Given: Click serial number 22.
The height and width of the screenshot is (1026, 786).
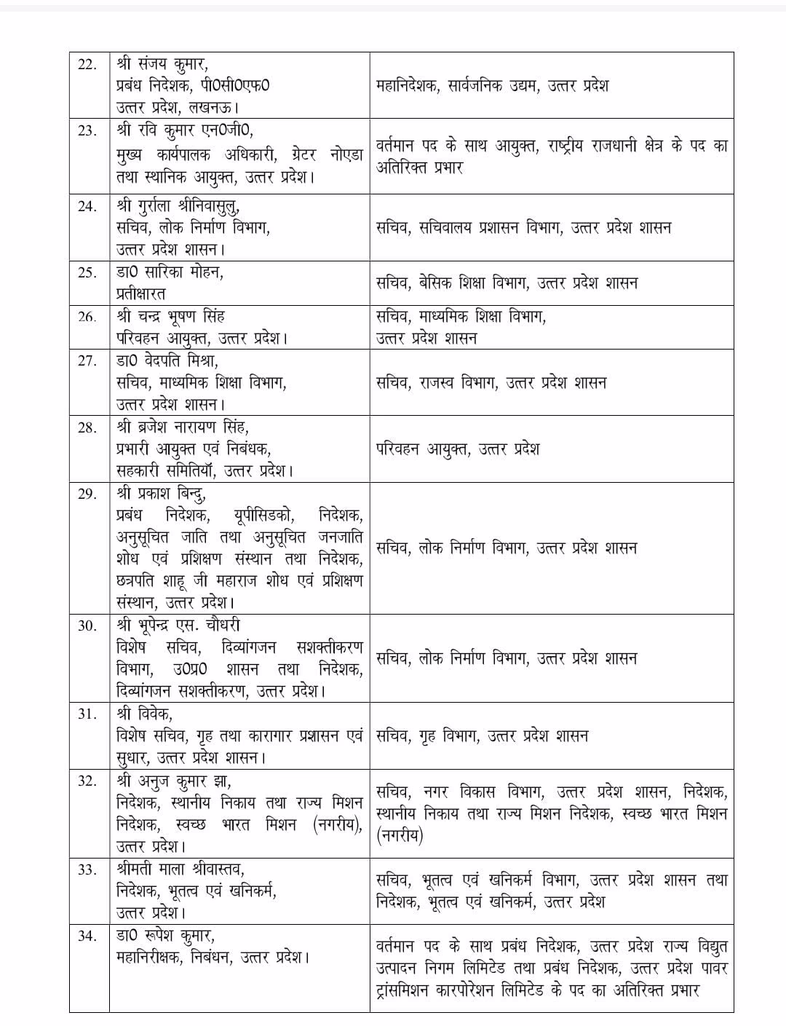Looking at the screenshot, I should (x=87, y=64).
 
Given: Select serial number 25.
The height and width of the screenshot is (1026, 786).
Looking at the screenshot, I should (x=87, y=272).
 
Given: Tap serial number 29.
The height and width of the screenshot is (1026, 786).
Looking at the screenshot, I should (x=87, y=494).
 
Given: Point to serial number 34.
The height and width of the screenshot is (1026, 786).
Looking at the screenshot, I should (x=87, y=936).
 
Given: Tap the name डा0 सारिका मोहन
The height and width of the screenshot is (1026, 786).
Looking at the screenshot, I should (x=170, y=272).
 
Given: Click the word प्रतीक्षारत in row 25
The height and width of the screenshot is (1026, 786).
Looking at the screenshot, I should (x=140, y=293).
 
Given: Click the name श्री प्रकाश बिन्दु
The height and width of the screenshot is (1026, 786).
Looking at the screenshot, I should (x=161, y=494).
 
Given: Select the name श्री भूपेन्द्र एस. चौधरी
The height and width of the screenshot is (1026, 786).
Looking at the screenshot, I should (x=178, y=626).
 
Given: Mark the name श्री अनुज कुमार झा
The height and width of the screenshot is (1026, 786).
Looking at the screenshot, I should (x=173, y=781).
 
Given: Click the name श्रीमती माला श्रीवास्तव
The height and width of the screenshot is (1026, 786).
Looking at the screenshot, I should (x=180, y=869).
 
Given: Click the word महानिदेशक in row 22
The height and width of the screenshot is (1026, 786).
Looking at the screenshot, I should (x=408, y=86).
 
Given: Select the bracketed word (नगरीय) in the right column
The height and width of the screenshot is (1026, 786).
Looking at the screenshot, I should (x=400, y=836).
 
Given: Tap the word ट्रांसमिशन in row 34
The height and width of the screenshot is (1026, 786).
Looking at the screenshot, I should (x=410, y=990).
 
